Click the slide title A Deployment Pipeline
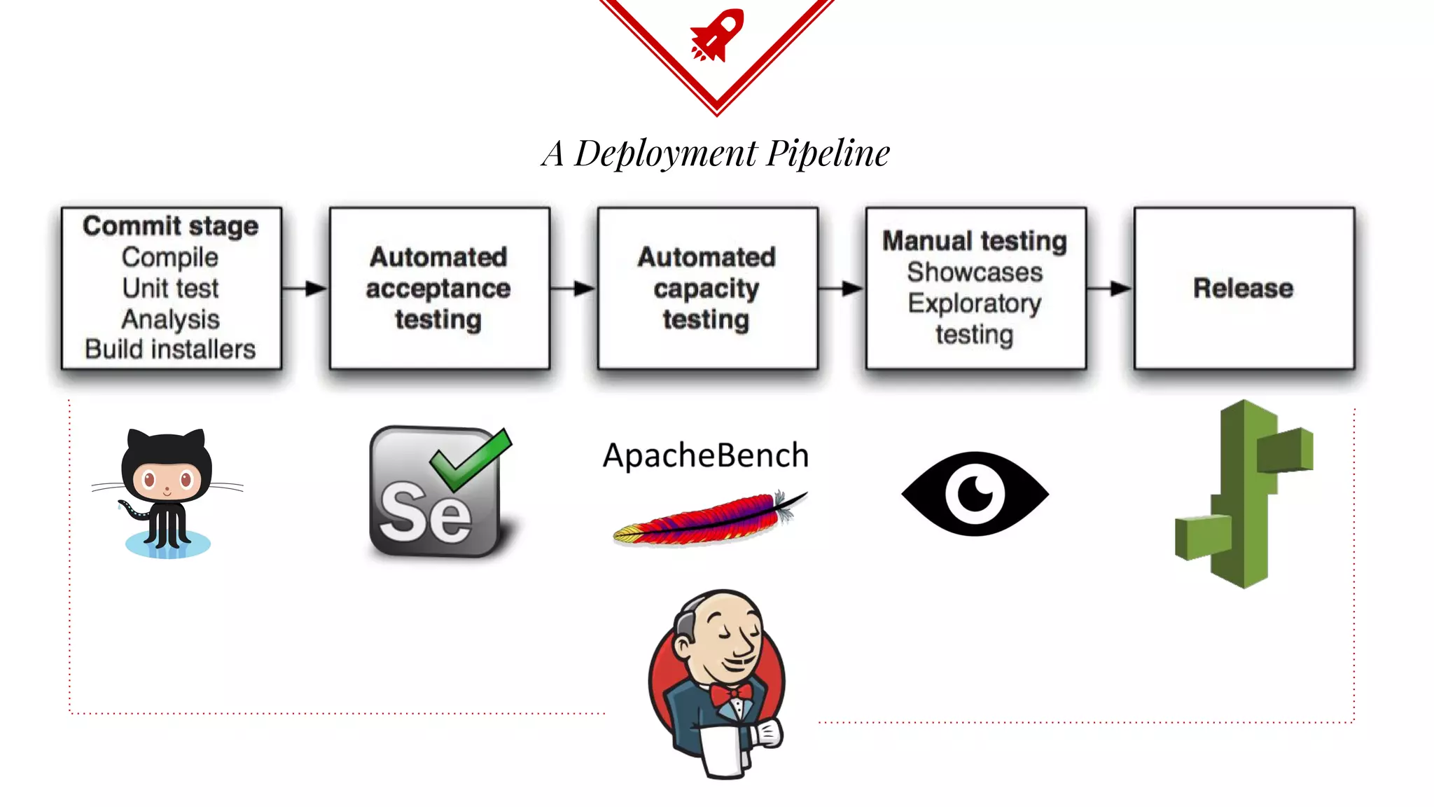coord(716,153)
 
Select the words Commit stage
coord(170,226)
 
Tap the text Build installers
coord(170,349)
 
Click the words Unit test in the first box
coord(170,288)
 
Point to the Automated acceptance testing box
coord(439,288)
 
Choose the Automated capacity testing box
coord(707,288)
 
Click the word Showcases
coord(975,272)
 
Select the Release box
coord(1244,288)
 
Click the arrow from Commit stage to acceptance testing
coord(305,288)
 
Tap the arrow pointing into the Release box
coord(1110,288)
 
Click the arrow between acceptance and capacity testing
coord(573,288)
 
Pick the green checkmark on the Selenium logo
coord(471,459)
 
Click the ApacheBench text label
coord(706,455)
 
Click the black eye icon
coord(975,494)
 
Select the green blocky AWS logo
coord(1244,494)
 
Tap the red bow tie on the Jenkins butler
coord(730,694)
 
